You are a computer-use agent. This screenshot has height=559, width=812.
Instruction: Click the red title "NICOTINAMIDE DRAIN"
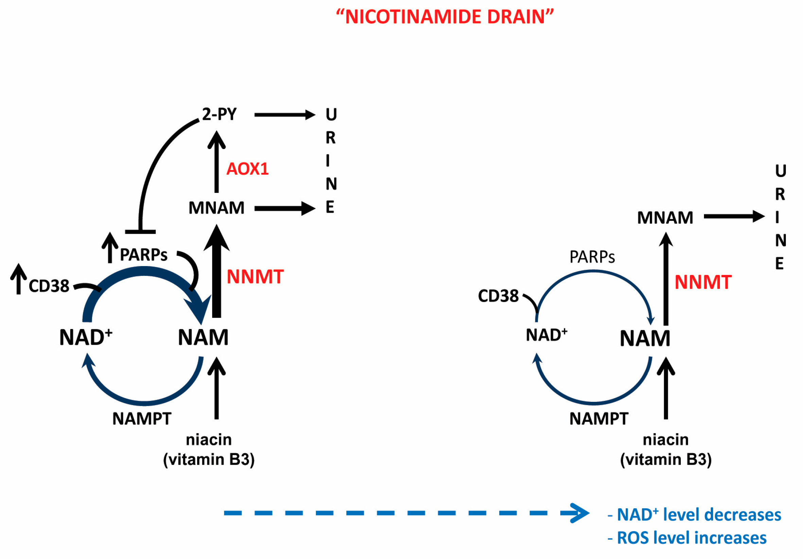445,17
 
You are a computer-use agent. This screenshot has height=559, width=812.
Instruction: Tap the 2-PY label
219,114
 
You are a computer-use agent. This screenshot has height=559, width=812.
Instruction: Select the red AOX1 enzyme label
247,169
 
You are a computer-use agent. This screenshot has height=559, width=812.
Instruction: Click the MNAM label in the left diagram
216,208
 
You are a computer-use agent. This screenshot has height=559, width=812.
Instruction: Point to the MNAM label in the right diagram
665,217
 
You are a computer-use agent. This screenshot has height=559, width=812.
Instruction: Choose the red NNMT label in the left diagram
255,277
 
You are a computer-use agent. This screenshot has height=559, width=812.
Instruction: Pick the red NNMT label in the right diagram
703,282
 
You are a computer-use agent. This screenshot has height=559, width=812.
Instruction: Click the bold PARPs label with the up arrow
143,254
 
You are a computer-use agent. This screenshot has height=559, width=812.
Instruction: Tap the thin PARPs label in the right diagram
592,257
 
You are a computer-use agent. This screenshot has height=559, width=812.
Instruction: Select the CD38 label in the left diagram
49,286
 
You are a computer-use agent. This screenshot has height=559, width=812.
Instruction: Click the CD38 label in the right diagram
498,296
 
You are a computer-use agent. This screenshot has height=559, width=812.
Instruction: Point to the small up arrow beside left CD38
19,279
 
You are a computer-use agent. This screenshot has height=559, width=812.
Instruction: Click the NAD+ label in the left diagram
86,337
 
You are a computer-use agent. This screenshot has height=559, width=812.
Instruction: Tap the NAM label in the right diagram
645,338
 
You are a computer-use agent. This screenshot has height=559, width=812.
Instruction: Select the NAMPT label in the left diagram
142,418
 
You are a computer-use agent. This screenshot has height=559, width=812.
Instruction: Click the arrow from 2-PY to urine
285,115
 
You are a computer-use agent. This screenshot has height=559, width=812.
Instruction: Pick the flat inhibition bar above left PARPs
140,232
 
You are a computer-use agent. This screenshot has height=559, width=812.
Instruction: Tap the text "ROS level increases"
692,538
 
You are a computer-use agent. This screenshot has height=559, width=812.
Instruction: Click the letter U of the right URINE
780,171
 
